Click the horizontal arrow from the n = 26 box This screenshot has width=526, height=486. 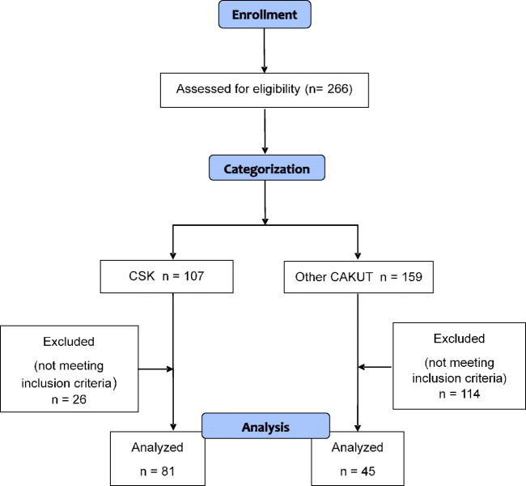159,369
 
